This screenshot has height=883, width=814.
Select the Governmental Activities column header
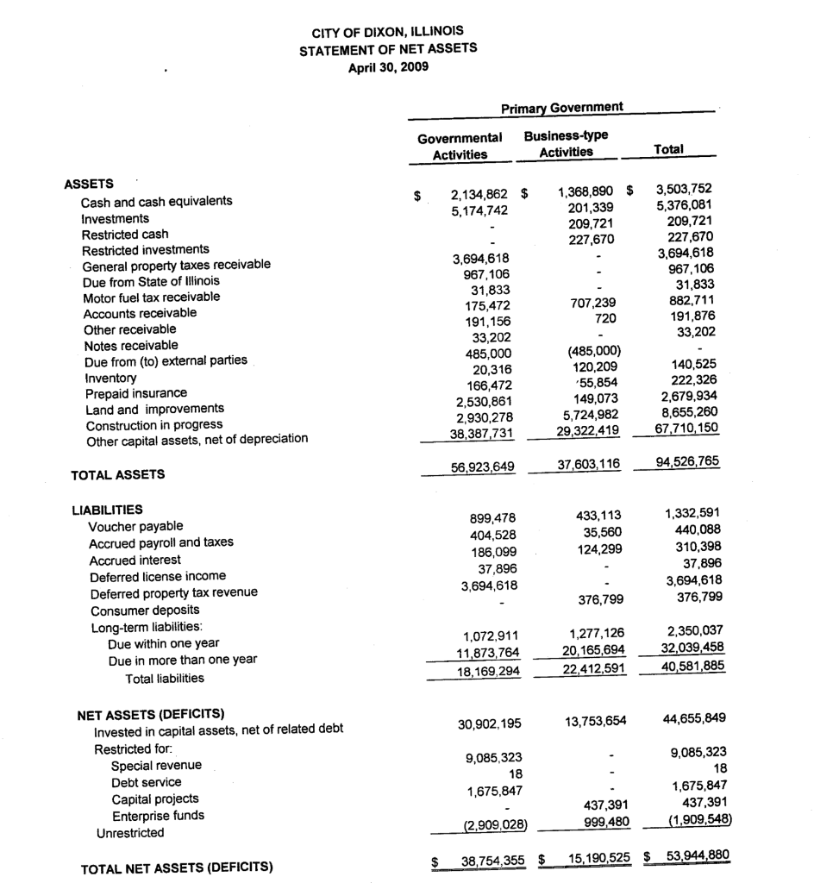[460, 146]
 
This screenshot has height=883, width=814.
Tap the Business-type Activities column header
[566, 143]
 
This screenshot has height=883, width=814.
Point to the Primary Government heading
[561, 107]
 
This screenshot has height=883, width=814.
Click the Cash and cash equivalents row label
[156, 202]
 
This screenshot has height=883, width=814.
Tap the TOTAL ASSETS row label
[119, 474]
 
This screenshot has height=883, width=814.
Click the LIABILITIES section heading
[107, 509]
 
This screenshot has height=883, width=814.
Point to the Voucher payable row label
[135, 526]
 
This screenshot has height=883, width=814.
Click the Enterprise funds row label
[158, 815]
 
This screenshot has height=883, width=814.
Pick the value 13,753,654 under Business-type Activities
[591, 720]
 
